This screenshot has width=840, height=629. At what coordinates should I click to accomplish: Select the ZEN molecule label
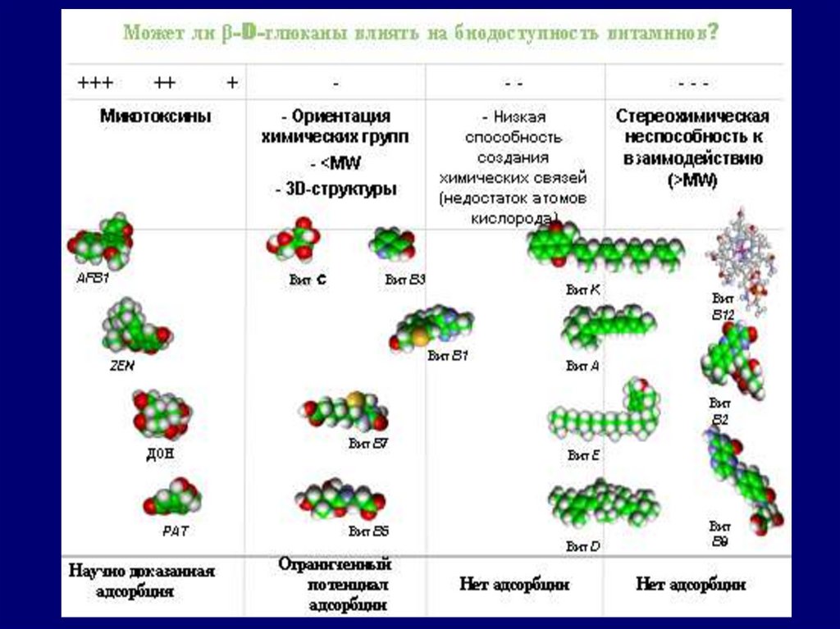click(x=121, y=367)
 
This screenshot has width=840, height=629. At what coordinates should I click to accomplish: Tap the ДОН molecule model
click(x=162, y=414)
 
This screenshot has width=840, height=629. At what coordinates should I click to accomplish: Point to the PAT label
click(x=176, y=531)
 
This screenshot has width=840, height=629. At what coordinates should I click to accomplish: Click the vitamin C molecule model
click(x=293, y=239)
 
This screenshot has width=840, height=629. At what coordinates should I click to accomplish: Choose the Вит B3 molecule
click(x=392, y=244)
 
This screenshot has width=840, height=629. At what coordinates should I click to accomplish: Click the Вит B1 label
click(x=449, y=356)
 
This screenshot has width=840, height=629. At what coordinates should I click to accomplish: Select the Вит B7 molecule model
click(x=345, y=412)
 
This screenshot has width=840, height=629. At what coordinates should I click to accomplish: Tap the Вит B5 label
click(x=368, y=531)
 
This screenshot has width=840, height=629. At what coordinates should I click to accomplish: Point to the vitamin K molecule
click(x=605, y=249)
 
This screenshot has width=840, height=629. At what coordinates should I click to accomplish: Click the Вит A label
click(x=582, y=367)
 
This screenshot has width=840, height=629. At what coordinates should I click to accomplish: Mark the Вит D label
click(x=583, y=545)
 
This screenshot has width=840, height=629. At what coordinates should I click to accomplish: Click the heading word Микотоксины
click(x=156, y=116)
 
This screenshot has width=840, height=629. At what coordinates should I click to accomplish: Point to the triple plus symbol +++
click(x=95, y=83)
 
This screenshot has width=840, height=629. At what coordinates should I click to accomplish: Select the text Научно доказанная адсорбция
click(x=142, y=581)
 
